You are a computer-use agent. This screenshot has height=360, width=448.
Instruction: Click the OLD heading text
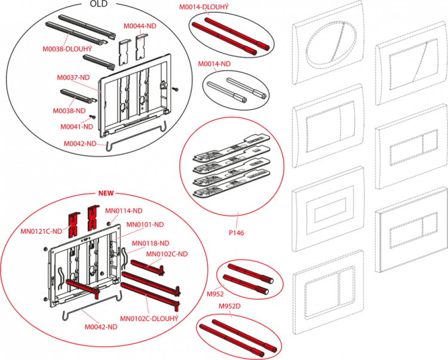coord(99,4)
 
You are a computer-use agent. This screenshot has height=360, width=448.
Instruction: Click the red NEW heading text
coord(106,193)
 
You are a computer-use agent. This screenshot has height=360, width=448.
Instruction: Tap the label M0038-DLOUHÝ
coord(67,49)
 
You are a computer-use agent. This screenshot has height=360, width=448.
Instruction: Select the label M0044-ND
coord(140,26)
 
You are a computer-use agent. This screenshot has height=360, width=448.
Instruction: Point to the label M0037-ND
coord(73,78)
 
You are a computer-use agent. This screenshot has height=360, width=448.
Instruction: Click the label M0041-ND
coord(76,127)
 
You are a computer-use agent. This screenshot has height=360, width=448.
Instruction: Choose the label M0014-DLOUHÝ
coord(204,7)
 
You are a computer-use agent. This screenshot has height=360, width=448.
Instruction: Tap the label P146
coord(237,233)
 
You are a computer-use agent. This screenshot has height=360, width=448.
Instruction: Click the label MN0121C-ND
coord(41,231)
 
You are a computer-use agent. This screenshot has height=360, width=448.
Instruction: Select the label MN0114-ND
coord(124,211)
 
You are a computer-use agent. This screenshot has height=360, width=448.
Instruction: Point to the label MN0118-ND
coord(151,243)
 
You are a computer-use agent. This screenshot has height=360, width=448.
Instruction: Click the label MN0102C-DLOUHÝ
coord(149,318)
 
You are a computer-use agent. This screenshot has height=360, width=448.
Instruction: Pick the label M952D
coord(229,306)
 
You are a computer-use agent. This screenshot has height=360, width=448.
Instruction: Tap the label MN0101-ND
coord(145,224)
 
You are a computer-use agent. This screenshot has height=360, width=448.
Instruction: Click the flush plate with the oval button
coord(329,43)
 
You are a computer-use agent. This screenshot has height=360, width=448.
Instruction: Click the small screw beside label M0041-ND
coord(93,116)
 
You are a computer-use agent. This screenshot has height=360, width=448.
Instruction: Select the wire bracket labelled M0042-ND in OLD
coord(136,137)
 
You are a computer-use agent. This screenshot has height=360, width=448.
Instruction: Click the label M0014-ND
coord(214,64)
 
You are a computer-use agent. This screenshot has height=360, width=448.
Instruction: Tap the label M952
coord(215,294)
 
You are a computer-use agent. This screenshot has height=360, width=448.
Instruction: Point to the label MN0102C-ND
coord(167,254)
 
